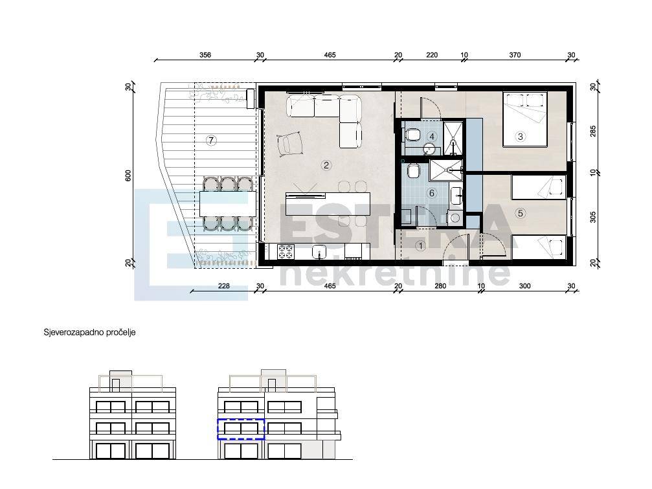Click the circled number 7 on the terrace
tap(211, 140)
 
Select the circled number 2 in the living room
tap(326, 165)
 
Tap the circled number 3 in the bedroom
tap(520, 136)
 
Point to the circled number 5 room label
tap(520, 213)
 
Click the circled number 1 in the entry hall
tap(420, 246)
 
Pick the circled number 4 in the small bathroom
tap(432, 137)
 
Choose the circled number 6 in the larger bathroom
tap(432, 193)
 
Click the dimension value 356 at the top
tap(205, 55)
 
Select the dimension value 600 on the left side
tap(128, 176)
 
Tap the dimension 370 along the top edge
tap(515, 55)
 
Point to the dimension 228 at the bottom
tap(224, 286)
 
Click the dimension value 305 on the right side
tap(593, 217)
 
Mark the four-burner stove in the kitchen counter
tap(286, 251)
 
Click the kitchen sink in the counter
tap(319, 251)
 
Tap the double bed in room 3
tap(524, 119)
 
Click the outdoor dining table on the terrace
tap(227, 203)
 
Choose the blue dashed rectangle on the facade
tap(241, 429)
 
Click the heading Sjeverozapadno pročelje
tap(89, 332)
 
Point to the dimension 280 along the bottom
tap(440, 286)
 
